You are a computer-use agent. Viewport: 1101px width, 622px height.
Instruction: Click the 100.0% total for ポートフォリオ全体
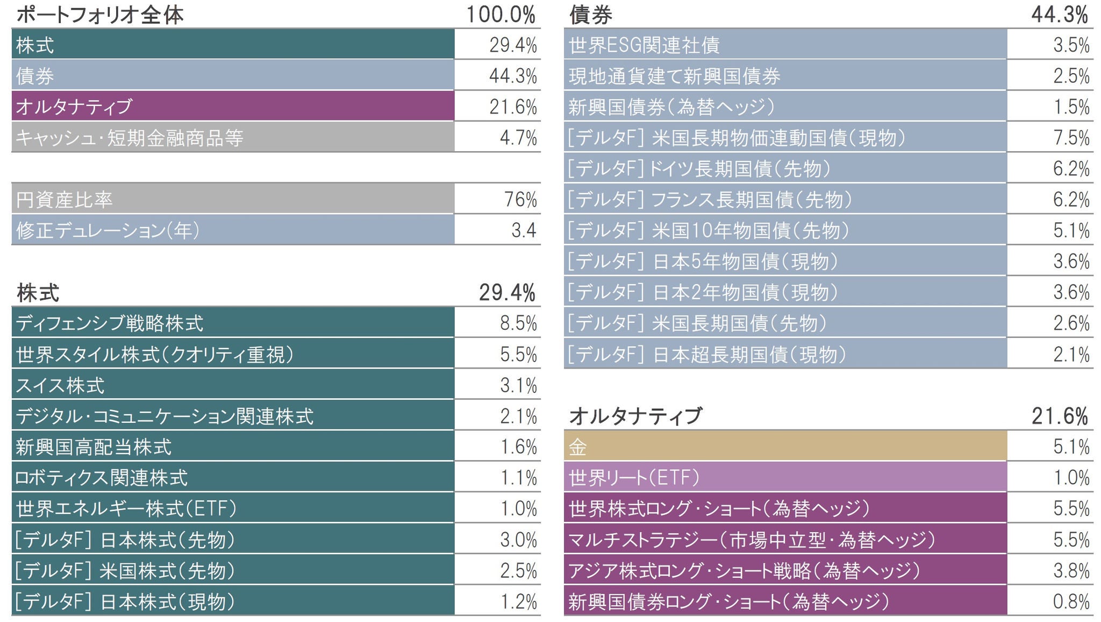click(501, 15)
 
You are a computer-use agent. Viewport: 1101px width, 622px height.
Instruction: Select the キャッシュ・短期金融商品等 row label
click(130, 138)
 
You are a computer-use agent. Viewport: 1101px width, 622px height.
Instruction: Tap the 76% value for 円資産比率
click(520, 200)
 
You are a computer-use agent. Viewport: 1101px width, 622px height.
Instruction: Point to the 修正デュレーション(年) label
click(108, 230)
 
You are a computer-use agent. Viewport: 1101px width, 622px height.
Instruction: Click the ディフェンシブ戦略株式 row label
click(110, 323)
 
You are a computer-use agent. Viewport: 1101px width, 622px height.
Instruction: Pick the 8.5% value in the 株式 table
click(518, 323)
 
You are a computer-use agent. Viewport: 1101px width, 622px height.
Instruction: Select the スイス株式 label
click(60, 385)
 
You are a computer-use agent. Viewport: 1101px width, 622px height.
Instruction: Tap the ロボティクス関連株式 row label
click(102, 478)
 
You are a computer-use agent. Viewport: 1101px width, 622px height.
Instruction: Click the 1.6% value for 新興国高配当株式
click(518, 447)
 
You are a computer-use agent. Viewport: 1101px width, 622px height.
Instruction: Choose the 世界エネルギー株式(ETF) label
click(126, 508)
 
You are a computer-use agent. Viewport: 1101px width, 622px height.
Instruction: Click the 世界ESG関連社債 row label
click(644, 45)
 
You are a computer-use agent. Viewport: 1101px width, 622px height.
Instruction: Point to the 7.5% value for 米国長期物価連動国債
click(1071, 138)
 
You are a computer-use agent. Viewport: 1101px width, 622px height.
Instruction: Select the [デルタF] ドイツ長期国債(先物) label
click(699, 169)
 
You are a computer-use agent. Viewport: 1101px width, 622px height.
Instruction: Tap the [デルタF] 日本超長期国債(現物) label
click(707, 355)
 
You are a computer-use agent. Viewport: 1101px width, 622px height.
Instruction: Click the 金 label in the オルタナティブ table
click(578, 447)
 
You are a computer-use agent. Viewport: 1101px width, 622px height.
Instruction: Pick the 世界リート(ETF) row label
click(634, 478)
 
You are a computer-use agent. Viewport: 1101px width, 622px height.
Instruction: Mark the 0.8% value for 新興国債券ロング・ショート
click(1071, 602)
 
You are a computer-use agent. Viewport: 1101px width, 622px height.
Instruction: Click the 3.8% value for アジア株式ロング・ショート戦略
click(1071, 570)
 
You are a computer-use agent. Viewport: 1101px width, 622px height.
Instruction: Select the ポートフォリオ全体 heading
click(100, 15)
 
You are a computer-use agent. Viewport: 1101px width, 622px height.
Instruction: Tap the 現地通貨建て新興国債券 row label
click(675, 76)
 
